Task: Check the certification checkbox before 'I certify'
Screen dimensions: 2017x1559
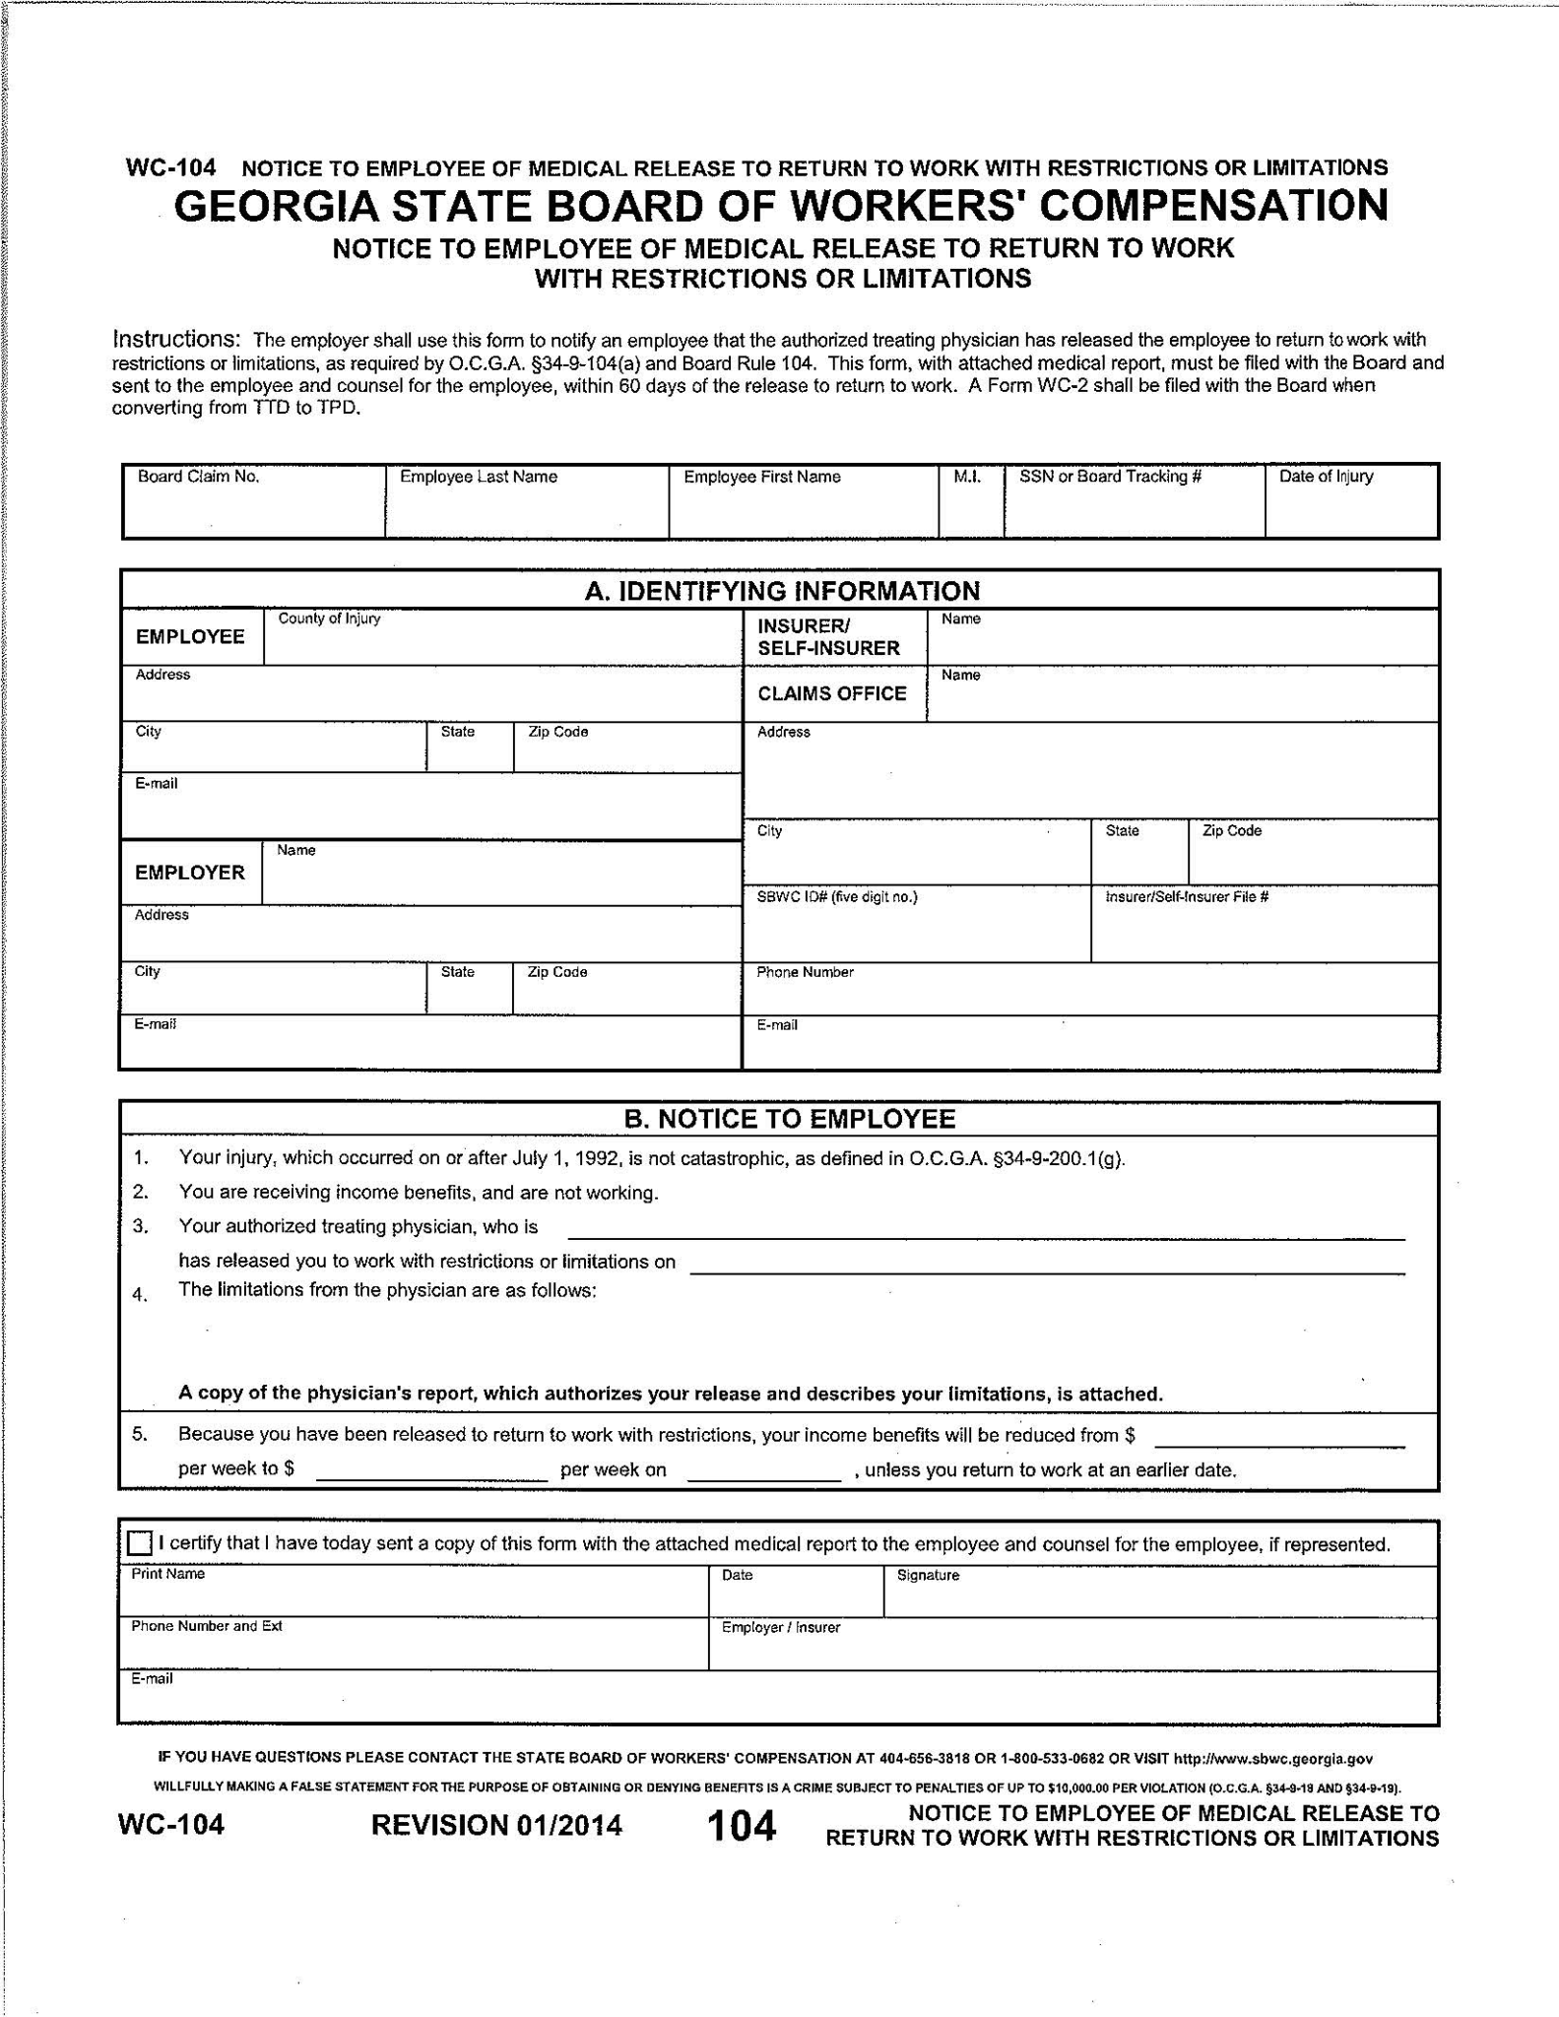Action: [x=141, y=1542]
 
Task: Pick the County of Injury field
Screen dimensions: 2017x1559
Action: [x=502, y=643]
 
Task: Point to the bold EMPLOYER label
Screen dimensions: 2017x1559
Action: [x=190, y=873]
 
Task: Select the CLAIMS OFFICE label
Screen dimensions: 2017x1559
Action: [x=832, y=693]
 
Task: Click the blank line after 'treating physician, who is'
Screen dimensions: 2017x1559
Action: [x=986, y=1228]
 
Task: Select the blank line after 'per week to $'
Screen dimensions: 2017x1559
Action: [x=431, y=1470]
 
